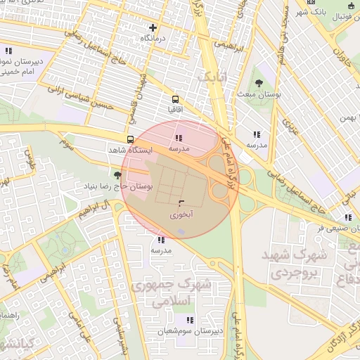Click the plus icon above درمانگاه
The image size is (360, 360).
click(153, 27)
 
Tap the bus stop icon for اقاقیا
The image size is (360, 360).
click(175, 99)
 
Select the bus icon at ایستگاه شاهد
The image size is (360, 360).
click(129, 139)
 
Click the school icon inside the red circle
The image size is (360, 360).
click(179, 138)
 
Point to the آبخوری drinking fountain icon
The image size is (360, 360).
click(172, 202)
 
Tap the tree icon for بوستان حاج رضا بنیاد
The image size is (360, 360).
click(117, 174)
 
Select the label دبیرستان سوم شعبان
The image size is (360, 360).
click(189, 330)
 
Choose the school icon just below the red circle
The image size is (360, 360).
click(161, 240)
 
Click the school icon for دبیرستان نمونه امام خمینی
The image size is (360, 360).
click(8, 51)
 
